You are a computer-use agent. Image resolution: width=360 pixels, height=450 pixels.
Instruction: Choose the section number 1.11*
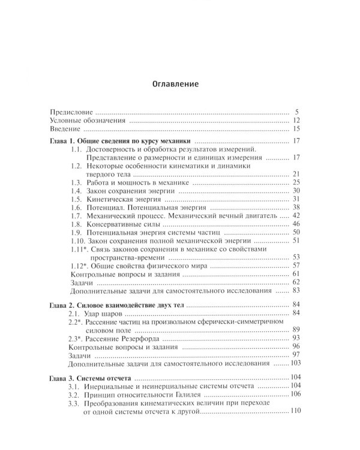80,248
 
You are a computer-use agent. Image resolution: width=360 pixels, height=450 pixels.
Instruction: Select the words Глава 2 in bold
63,305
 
